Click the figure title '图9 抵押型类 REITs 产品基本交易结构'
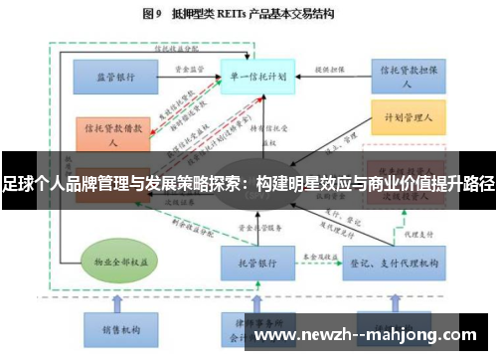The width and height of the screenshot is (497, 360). [x=248, y=15]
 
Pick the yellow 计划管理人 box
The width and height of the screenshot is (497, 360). [x=405, y=116]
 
